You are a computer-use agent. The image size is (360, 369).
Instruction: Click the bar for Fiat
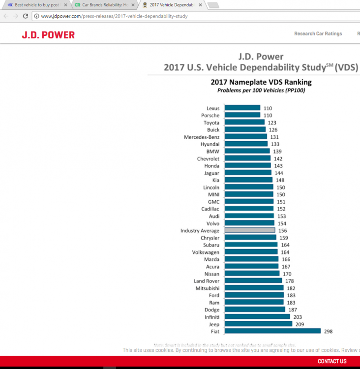tap(272, 331)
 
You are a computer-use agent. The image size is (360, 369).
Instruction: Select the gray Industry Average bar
tap(249, 230)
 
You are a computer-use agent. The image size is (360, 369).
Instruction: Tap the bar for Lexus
tap(242, 108)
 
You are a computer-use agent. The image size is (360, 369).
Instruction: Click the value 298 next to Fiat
tap(328, 331)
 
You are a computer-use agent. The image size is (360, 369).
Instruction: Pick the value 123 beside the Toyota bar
tap(272, 123)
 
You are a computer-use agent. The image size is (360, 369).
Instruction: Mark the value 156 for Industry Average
tap(283, 230)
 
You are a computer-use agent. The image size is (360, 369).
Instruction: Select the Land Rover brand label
tap(207, 281)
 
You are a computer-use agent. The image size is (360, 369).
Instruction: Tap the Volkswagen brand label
tap(206, 252)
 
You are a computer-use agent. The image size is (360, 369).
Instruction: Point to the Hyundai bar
tap(246, 144)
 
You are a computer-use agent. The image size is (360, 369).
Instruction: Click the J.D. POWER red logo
tap(48, 35)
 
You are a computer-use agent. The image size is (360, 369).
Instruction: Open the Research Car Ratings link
tap(318, 34)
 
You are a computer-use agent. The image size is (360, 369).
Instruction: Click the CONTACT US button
tap(332, 361)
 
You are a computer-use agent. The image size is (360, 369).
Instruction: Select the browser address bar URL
tap(114, 16)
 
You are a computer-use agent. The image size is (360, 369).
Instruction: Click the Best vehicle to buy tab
tap(37, 5)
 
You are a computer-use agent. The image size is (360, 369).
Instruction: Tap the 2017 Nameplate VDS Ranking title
tap(261, 82)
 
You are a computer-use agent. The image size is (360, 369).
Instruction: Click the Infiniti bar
tap(257, 317)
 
